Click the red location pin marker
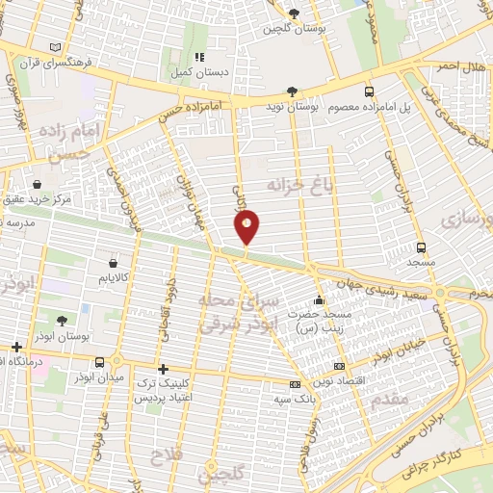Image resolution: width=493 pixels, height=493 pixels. pos(246,227)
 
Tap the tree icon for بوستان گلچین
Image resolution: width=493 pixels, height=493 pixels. pos(293,13)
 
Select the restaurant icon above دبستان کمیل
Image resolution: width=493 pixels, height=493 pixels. pos(199,57)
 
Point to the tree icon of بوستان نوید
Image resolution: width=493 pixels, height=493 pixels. pos(292,92)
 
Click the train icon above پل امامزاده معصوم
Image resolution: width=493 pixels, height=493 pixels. pos(370,92)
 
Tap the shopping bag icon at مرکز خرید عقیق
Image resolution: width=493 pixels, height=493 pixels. pos(37,184)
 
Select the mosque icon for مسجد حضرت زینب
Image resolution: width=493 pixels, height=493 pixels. pos(319,300)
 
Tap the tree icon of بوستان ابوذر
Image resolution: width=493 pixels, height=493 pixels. pos(63,322)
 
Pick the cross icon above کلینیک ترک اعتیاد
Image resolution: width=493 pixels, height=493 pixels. pos(163,368)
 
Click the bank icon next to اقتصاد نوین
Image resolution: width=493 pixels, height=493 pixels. pos(338,366)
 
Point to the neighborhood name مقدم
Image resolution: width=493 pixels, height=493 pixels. pos(389,398)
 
